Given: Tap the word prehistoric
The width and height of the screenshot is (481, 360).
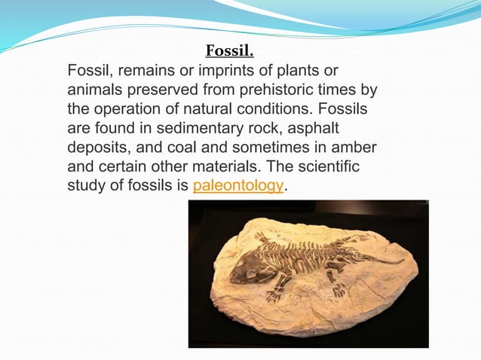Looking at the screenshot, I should tap(280, 90).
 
